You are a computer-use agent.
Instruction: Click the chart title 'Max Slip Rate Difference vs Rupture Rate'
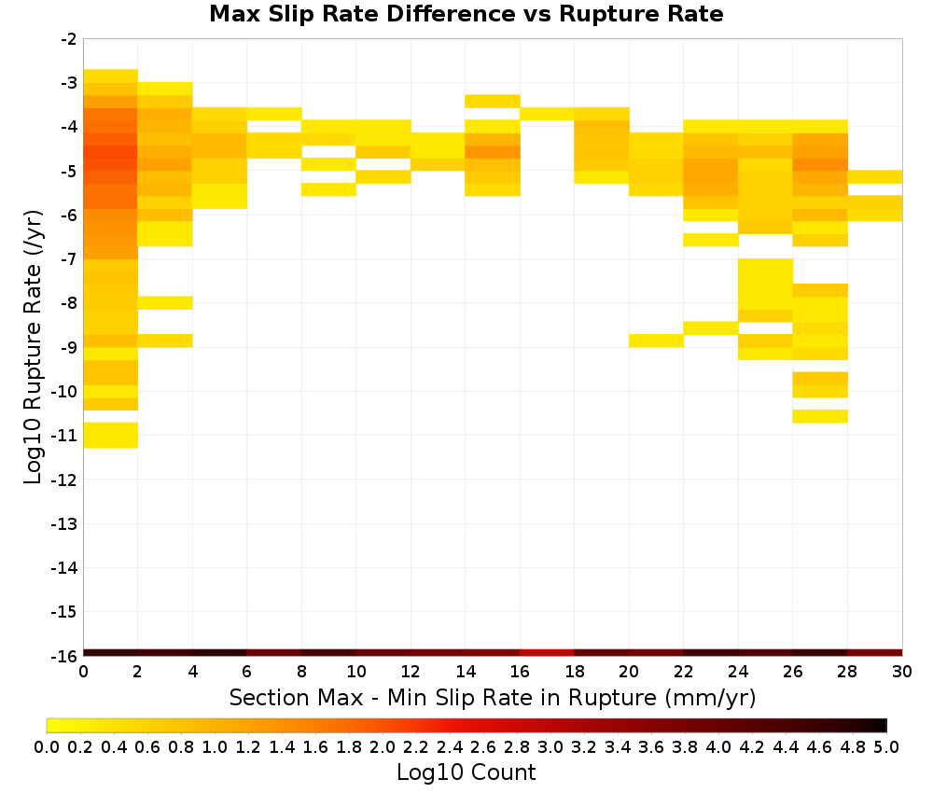pos(466,14)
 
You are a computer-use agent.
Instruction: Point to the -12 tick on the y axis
pos(63,480)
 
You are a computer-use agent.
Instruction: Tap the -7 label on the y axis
pos(69,259)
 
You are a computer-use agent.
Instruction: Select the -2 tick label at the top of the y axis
pos(69,39)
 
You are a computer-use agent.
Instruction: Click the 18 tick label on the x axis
pos(574,672)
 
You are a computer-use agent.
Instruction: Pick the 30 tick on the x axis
pos(902,672)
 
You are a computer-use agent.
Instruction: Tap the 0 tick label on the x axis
pos(83,672)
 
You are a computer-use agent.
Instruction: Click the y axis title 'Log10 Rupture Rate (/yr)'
pos(34,347)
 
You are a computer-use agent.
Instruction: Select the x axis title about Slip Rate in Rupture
pos(493,697)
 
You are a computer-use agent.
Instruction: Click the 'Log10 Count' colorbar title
pos(466,772)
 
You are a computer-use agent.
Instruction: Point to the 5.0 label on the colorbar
pos(886,746)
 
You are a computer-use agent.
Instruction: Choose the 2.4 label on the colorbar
pos(450,746)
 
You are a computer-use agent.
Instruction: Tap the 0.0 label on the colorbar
pos(47,746)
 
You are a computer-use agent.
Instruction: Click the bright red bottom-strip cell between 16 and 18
pos(547,653)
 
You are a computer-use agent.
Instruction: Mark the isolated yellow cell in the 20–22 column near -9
pos(656,341)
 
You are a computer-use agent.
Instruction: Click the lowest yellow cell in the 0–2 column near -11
pos(111,435)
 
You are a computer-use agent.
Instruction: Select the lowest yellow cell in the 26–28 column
pos(820,416)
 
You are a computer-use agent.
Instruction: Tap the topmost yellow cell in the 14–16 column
pos(493,101)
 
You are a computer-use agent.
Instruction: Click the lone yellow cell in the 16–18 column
pos(547,114)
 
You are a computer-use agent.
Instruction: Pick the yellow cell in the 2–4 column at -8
pos(165,303)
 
